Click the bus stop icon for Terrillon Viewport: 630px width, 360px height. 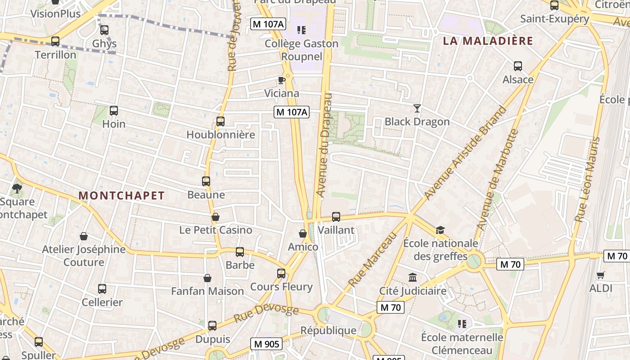(x=55, y=41)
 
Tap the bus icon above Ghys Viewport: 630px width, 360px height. (x=104, y=30)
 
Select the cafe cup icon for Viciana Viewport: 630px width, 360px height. (x=281, y=80)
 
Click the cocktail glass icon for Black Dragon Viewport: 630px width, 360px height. (x=417, y=108)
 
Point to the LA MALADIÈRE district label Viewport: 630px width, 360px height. (x=488, y=41)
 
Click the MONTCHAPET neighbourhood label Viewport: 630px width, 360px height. (x=121, y=196)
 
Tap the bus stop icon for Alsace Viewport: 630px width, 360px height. (x=518, y=66)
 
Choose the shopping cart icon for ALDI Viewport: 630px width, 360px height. (x=601, y=275)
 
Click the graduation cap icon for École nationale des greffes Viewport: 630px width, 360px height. (x=440, y=230)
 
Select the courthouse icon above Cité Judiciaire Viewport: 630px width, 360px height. (x=413, y=278)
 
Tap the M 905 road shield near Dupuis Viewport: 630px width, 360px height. (x=266, y=344)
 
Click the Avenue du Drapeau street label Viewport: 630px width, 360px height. (x=324, y=145)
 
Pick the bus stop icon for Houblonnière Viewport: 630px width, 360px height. (x=220, y=121)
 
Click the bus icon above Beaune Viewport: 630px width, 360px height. (x=206, y=181)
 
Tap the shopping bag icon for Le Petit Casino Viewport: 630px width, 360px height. (x=216, y=217)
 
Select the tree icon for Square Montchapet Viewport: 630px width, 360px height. (x=17, y=188)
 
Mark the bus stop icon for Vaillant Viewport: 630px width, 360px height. (x=336, y=217)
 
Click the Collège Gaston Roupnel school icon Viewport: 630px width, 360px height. (x=301, y=30)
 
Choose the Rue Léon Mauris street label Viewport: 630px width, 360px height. (x=588, y=180)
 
